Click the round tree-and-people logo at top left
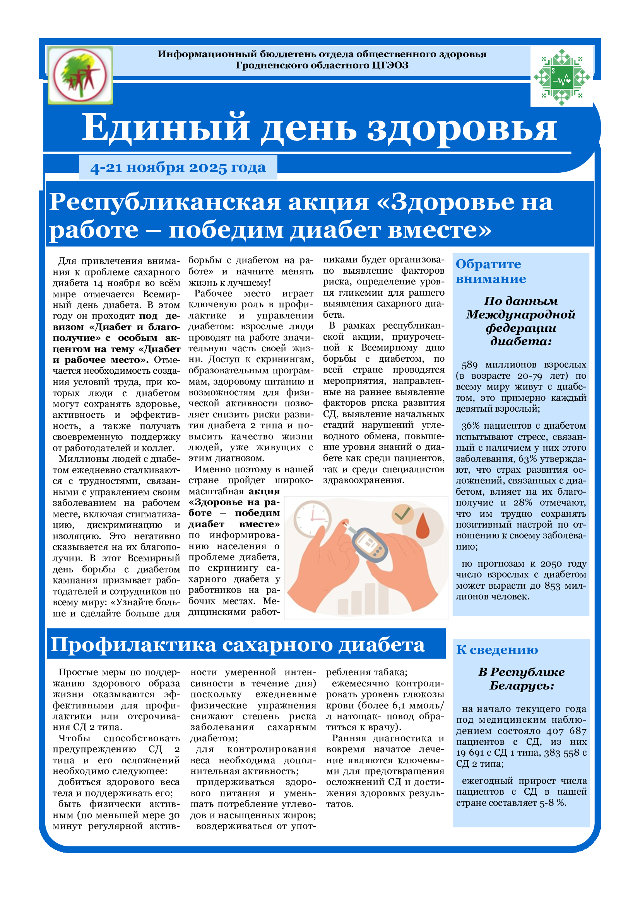(80, 75)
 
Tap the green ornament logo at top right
(561, 77)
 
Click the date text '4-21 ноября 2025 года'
(178, 168)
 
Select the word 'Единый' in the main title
(166, 128)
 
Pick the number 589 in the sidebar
(469, 365)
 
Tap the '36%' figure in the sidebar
(471, 426)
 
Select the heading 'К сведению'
(497, 650)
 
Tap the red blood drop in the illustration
(423, 526)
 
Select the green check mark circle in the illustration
(402, 513)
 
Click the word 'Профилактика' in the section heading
(133, 645)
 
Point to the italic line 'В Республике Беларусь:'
(521, 679)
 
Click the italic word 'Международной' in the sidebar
(520, 315)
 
